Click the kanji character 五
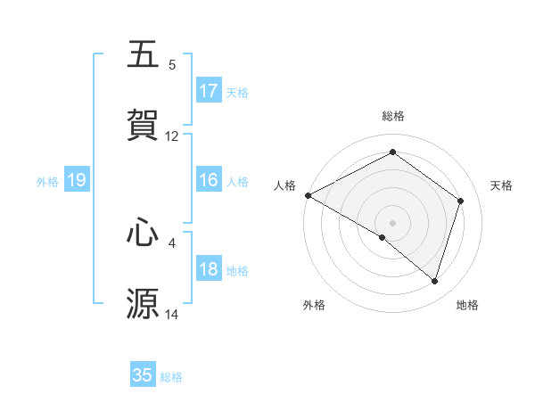tap(144, 55)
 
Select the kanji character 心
tap(144, 233)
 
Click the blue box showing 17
tap(209, 91)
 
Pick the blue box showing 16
tap(209, 181)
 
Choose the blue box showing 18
tap(209, 270)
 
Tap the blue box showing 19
tap(77, 181)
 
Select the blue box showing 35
tap(143, 375)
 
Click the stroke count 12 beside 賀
tap(172, 136)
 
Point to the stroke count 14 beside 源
tap(172, 315)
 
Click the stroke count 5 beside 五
tap(172, 65)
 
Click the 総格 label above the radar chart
tap(392, 116)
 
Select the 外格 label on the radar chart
tap(314, 305)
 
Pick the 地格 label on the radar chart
tap(467, 305)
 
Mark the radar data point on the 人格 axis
tap(308, 194)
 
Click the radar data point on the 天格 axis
tap(461, 201)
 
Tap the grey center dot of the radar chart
tap(392, 222)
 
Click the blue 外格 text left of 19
tap(47, 182)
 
